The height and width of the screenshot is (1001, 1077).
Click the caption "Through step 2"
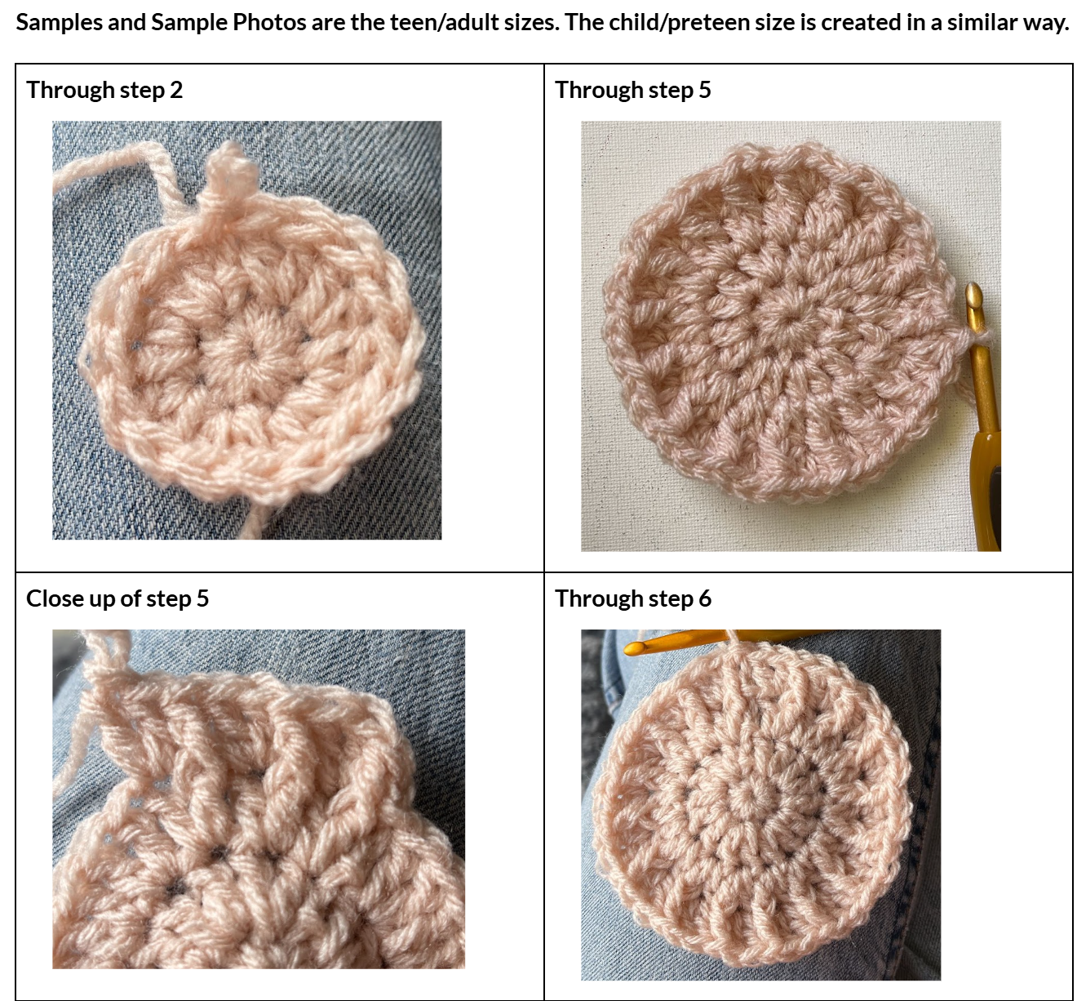pos(104,90)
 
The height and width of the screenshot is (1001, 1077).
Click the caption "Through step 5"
pos(633,90)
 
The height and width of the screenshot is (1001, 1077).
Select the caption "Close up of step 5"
pos(117,598)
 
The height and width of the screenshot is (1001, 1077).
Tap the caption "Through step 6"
pos(633,598)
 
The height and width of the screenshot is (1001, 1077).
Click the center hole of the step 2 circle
pos(252,354)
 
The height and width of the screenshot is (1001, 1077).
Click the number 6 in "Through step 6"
pos(705,598)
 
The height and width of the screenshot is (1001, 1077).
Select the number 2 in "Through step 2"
pos(177,90)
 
